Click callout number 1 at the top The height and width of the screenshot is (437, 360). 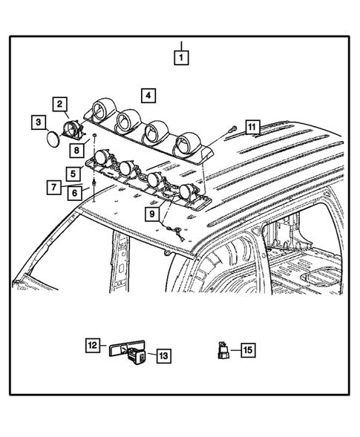coord(181,55)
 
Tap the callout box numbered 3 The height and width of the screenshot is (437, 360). coord(38,121)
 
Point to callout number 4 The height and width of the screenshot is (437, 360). coord(149,95)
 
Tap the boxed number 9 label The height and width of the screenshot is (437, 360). coord(152,214)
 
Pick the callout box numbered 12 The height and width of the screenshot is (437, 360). coord(92,345)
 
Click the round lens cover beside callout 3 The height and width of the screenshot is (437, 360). coord(52,139)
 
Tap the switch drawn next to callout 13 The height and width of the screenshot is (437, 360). coord(138,357)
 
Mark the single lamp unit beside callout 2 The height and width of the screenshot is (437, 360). coord(76,130)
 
